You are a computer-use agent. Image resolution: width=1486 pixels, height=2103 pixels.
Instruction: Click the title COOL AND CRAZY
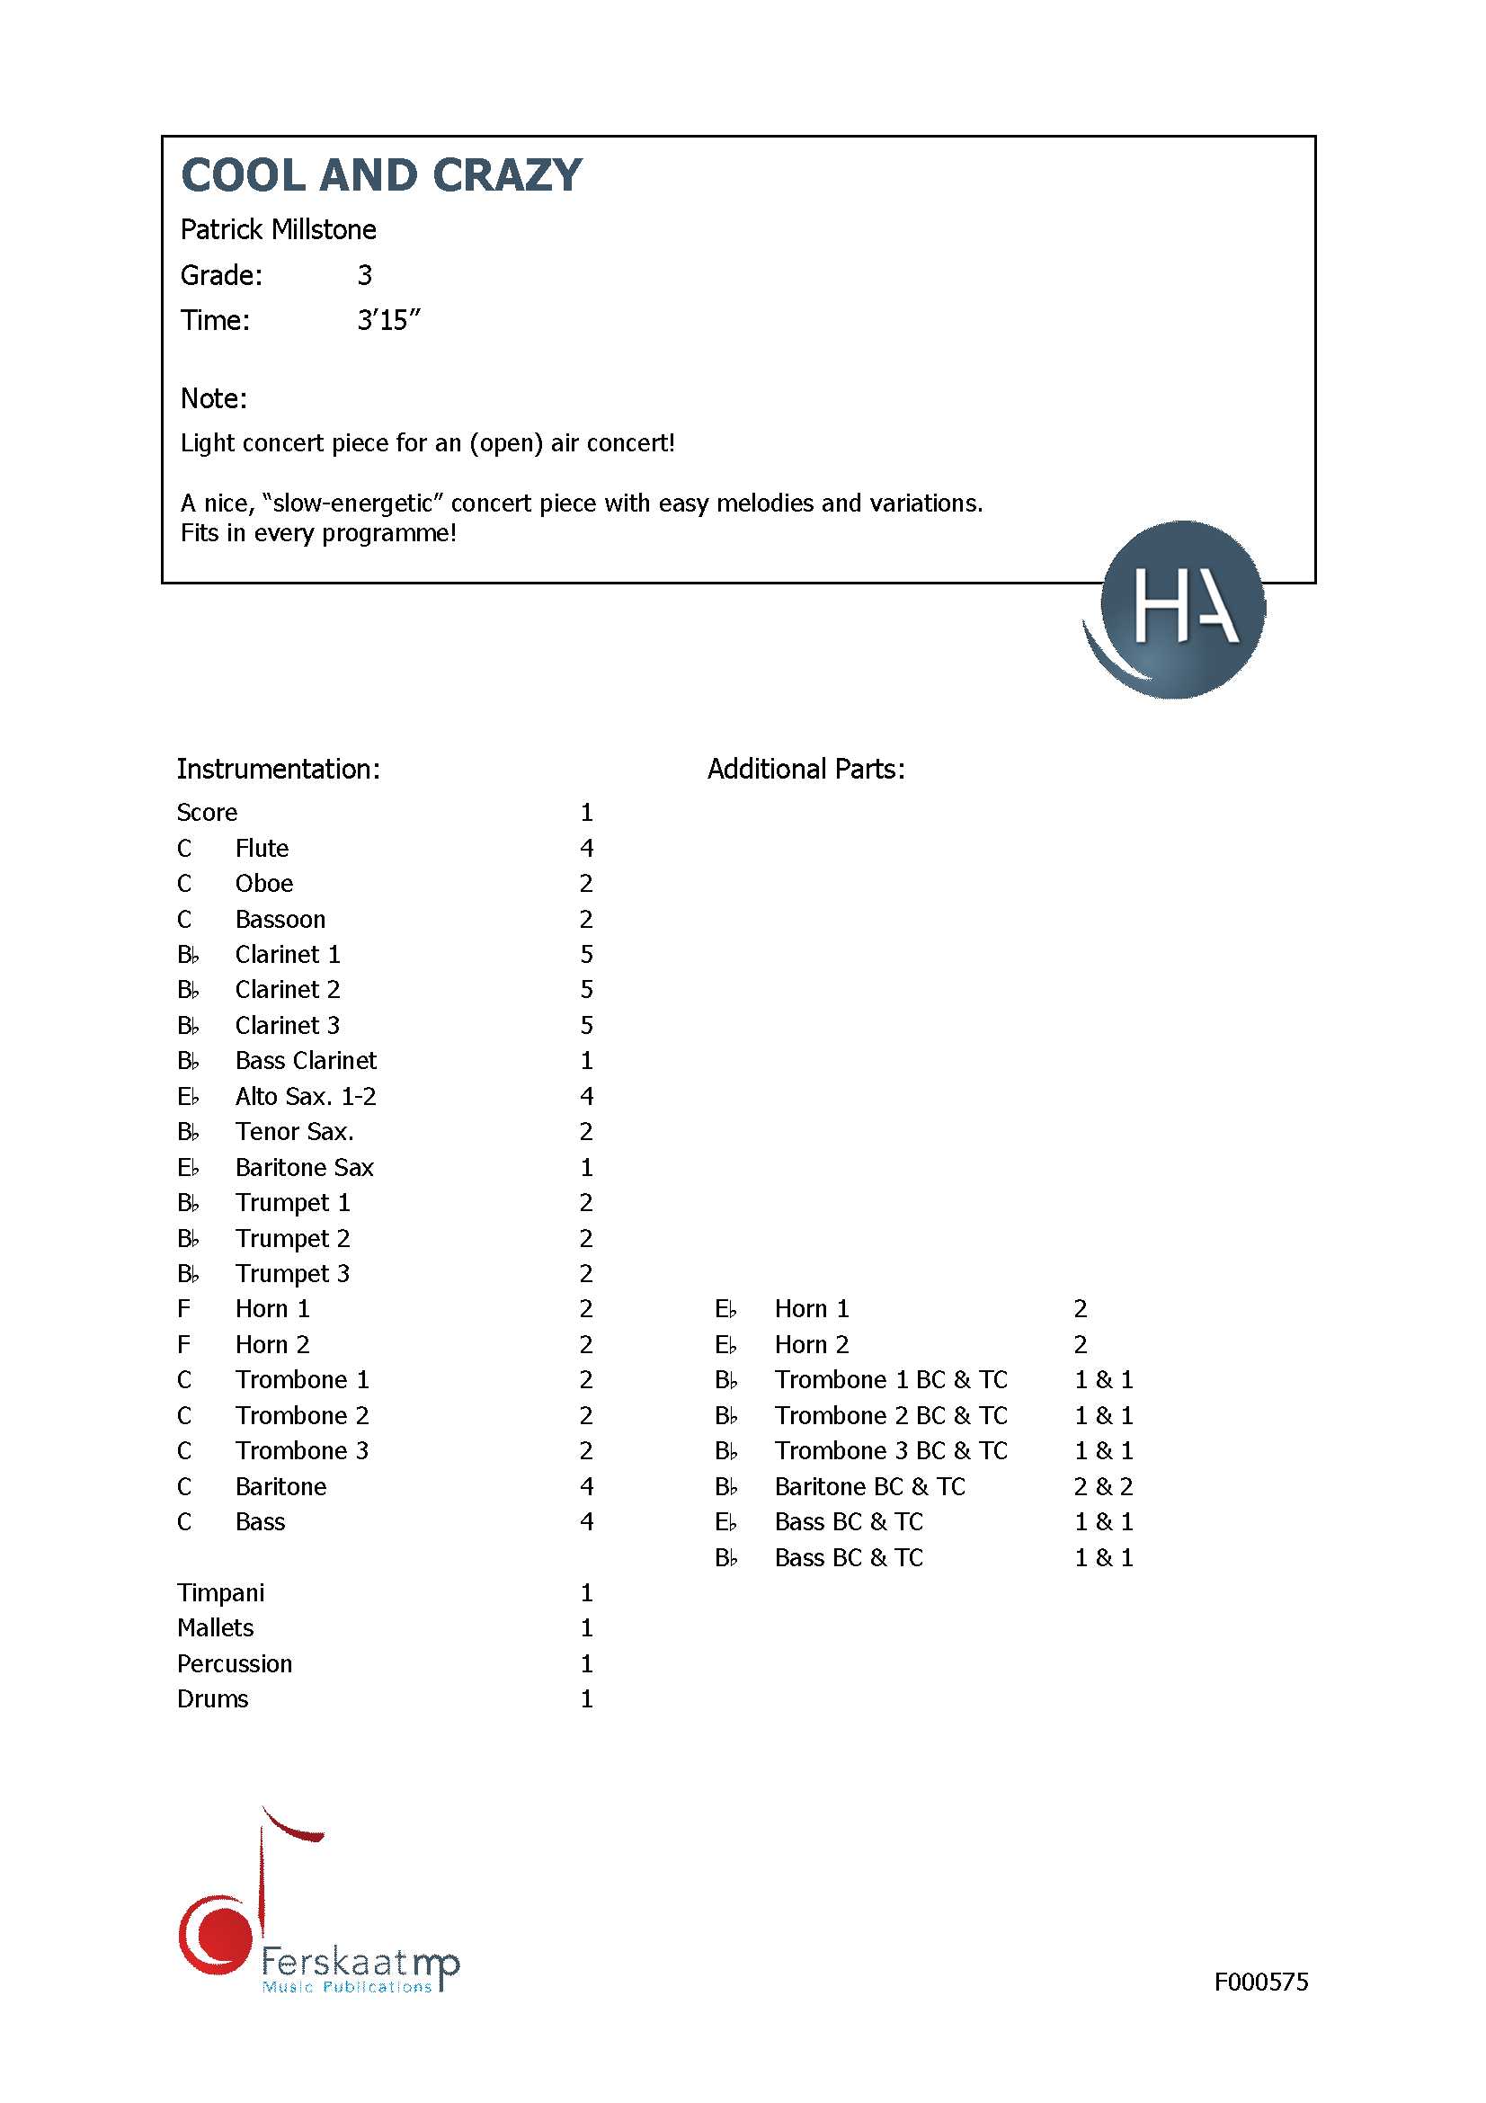[381, 175]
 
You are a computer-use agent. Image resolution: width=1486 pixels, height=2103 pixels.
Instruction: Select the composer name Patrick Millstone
[279, 230]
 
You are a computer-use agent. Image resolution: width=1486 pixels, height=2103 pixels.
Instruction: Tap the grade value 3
[364, 276]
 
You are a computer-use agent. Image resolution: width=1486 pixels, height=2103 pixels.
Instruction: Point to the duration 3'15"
[388, 321]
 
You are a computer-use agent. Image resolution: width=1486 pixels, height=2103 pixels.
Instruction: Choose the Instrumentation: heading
[279, 770]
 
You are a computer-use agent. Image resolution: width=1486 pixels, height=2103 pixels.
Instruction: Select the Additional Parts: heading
[805, 770]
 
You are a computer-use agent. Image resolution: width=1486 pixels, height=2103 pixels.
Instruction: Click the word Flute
[262, 849]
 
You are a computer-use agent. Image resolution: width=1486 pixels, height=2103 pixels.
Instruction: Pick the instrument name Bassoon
[280, 920]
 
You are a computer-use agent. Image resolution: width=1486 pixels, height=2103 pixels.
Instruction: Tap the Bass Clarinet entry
[306, 1061]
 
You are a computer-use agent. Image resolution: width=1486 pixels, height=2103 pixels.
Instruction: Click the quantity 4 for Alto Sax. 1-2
[586, 1096]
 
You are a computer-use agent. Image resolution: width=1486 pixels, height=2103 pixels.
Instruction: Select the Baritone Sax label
[304, 1168]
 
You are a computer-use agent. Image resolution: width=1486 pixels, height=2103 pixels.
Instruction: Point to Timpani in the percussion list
[220, 1593]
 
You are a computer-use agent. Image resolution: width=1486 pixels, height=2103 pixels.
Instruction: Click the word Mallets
[215, 1627]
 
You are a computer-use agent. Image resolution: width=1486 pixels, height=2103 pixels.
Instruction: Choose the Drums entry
[212, 1699]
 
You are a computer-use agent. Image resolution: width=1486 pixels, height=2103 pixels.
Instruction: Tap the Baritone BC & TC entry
[870, 1486]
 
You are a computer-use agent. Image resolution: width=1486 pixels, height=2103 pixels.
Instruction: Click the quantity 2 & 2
[1103, 1486]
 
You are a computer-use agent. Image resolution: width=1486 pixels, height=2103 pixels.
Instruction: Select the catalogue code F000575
[1260, 1983]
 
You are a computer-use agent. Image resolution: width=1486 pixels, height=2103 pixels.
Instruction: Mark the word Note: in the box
[213, 399]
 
